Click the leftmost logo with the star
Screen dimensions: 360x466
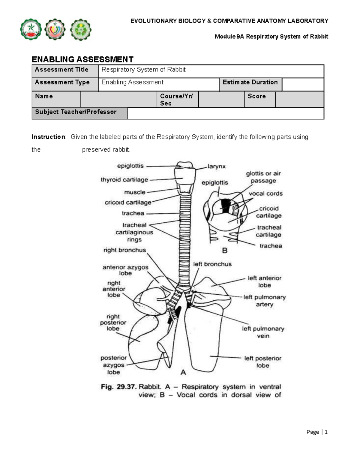(x=31, y=30)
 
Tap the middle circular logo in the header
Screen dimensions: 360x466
(x=55, y=30)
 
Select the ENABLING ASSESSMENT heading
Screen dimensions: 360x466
(x=82, y=59)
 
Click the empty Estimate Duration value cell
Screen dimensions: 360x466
(x=303, y=85)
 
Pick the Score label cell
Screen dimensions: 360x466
(x=259, y=99)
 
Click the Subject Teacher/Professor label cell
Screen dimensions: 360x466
(x=79, y=113)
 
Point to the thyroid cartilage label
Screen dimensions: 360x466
(x=124, y=180)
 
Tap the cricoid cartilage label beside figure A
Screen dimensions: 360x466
(x=128, y=203)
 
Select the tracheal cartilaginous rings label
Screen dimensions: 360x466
(x=134, y=232)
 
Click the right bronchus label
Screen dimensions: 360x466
(x=124, y=250)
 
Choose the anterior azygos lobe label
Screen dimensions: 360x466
(x=125, y=270)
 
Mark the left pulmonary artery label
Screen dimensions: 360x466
(x=264, y=301)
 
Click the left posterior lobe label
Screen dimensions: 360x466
(x=263, y=362)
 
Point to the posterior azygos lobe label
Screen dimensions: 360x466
(x=113, y=365)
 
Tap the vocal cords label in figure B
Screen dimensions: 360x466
(x=265, y=194)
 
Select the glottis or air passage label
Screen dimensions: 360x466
(x=263, y=177)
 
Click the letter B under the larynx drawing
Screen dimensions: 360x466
(x=225, y=251)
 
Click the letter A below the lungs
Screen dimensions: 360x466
(x=183, y=372)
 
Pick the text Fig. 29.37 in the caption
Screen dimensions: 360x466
(x=119, y=387)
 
